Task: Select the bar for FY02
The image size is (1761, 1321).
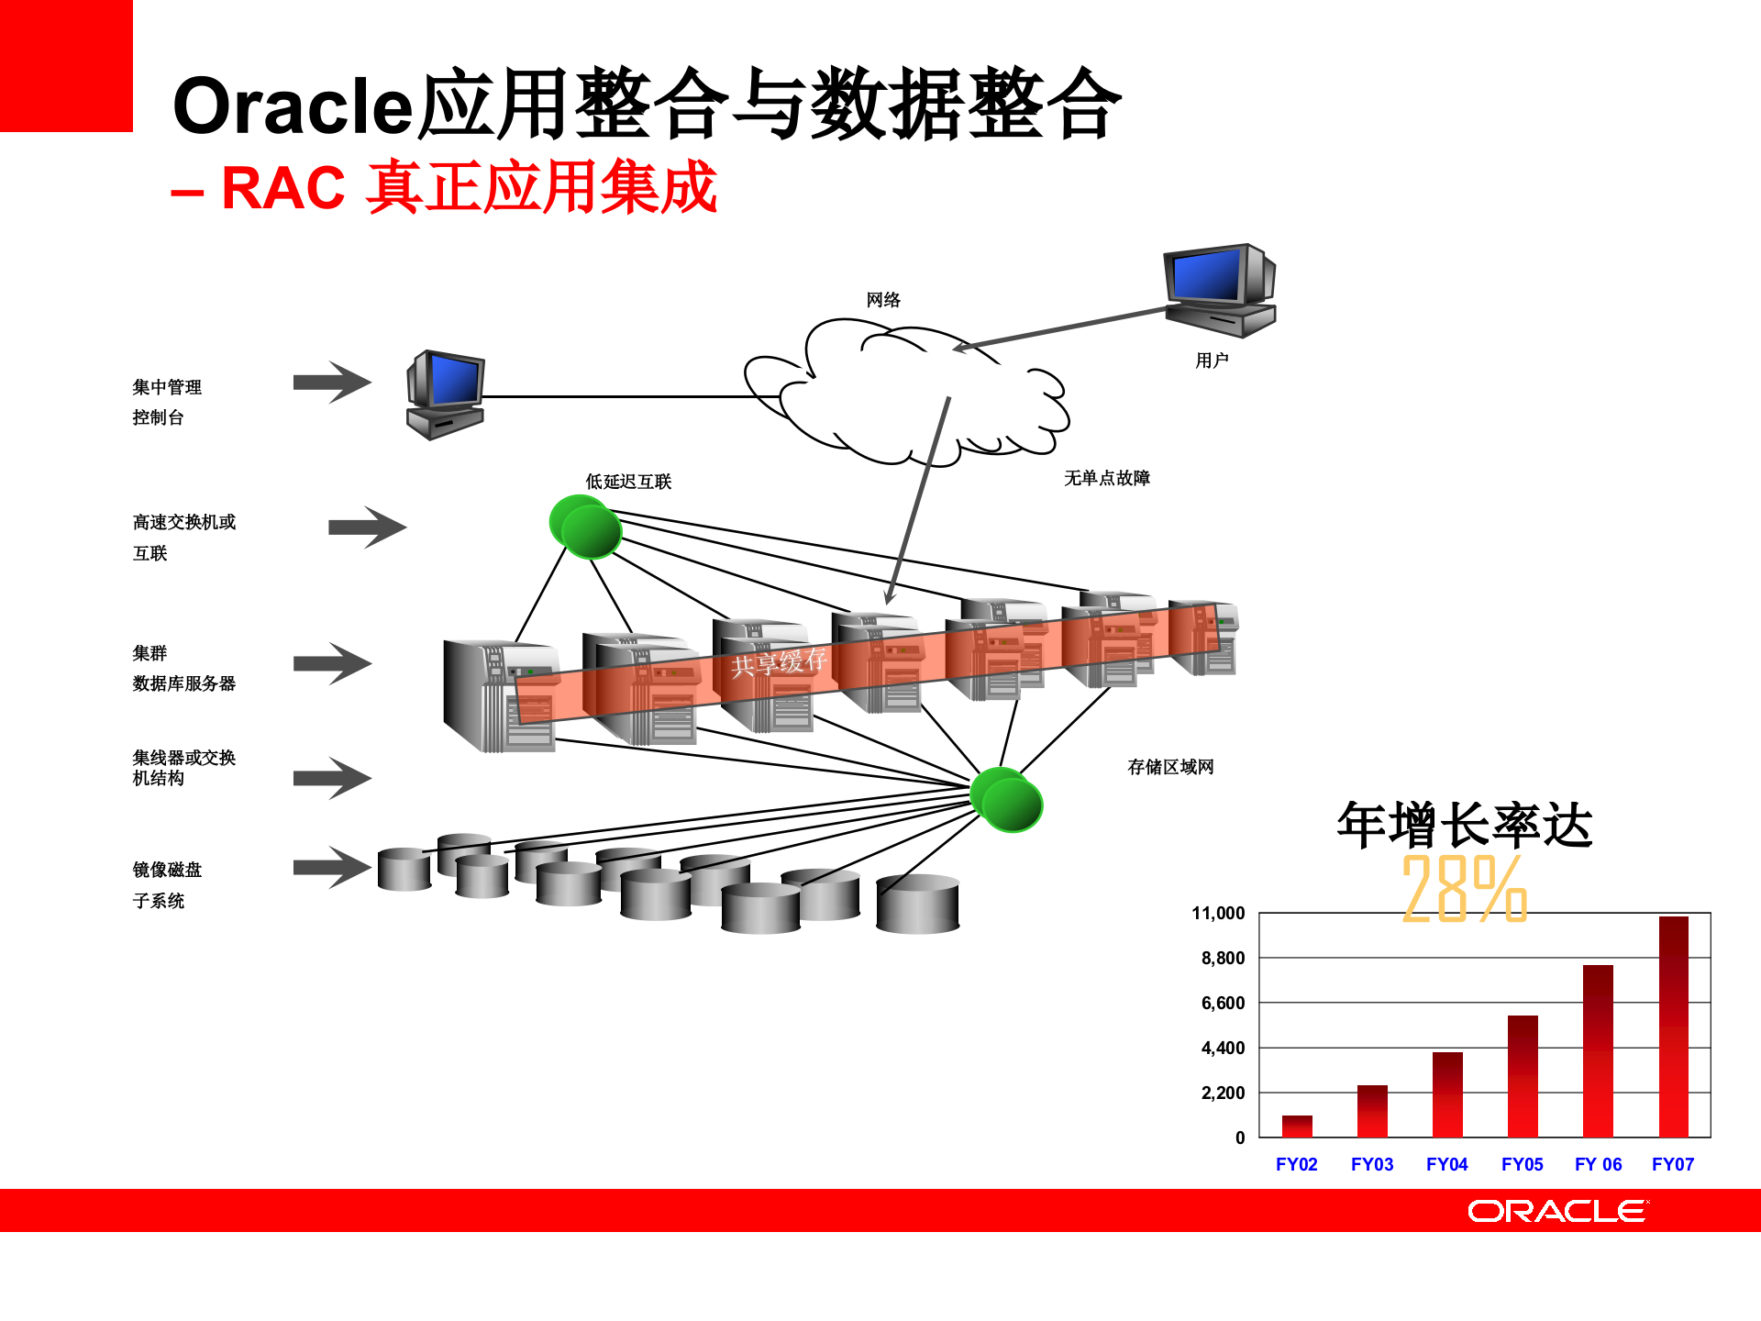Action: point(1297,1127)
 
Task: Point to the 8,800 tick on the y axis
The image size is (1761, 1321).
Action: point(1223,958)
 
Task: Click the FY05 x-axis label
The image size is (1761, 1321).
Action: point(1522,1164)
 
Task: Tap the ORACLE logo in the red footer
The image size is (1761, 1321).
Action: point(1556,1211)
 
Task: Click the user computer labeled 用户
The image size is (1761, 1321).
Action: point(1220,289)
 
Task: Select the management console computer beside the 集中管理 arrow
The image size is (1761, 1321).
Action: point(446,394)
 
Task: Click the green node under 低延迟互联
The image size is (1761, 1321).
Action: point(585,527)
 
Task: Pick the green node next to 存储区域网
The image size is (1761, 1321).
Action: point(1006,800)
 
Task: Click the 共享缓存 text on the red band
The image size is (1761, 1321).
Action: point(779,661)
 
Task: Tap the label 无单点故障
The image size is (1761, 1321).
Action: point(1106,478)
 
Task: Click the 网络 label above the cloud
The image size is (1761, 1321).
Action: point(883,300)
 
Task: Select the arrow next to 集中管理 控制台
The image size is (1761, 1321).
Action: point(332,383)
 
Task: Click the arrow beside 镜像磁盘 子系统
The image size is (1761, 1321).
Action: point(332,867)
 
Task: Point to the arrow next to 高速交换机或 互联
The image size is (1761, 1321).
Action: point(367,527)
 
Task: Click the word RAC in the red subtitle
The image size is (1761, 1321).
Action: point(282,188)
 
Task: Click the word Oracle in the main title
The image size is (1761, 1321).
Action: point(293,105)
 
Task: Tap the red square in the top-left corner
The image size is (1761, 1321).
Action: point(66,66)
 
